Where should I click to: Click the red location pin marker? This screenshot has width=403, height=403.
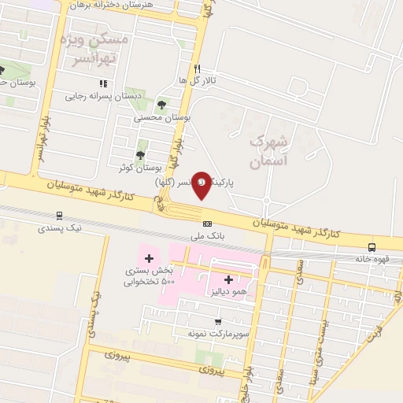tap(201, 184)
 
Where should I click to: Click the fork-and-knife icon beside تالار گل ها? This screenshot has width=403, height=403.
tap(198, 68)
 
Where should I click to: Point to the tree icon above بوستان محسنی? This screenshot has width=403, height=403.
tap(161, 104)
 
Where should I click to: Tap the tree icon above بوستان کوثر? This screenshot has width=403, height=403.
tap(140, 155)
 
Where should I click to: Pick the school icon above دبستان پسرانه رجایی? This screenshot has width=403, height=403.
tap(102, 82)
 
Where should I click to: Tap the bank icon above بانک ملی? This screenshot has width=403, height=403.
tap(207, 224)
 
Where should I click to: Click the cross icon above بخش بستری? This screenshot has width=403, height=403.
tap(149, 258)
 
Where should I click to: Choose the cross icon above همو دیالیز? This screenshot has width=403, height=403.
tap(229, 279)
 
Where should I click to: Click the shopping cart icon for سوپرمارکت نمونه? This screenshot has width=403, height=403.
tap(218, 321)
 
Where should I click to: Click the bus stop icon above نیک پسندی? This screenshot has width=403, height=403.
tap(58, 215)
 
